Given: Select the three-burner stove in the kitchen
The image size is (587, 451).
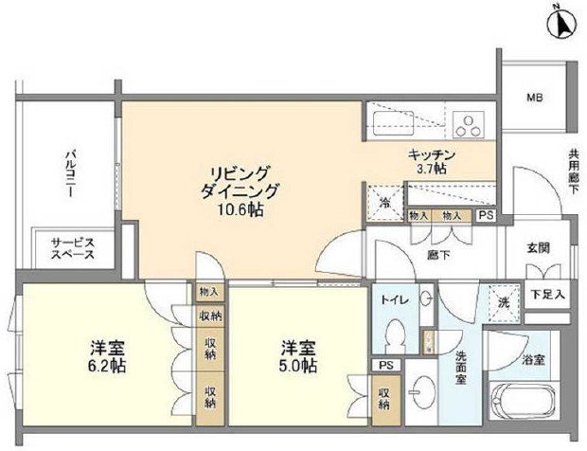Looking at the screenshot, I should pyautogui.click(x=467, y=122).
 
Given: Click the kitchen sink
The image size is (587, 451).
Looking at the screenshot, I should pyautogui.click(x=392, y=122).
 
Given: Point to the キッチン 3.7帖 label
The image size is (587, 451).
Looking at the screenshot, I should pyautogui.click(x=433, y=161).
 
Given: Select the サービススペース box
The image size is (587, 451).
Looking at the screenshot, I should pyautogui.click(x=72, y=249).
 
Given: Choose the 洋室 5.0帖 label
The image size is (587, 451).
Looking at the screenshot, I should pyautogui.click(x=296, y=356).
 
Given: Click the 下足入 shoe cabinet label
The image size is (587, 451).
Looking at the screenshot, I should pyautogui.click(x=547, y=295).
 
